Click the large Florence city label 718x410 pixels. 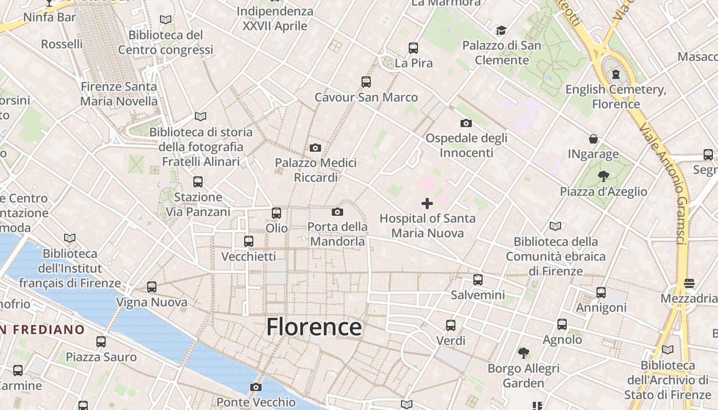tap(314, 327)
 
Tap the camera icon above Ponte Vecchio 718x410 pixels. tap(256, 387)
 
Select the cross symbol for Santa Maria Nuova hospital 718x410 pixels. tap(427, 203)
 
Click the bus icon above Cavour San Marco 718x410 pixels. tap(366, 81)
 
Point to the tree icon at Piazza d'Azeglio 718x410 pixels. tap(603, 176)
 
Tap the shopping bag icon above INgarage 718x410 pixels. tap(593, 139)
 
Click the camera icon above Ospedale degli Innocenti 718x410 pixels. tap(466, 123)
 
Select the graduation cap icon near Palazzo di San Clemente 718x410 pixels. tap(501, 31)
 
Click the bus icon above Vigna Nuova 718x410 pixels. tap(152, 287)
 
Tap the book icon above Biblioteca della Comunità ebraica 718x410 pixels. tap(555, 226)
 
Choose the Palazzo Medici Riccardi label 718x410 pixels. tap(315, 170)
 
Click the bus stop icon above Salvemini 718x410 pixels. tap(478, 280)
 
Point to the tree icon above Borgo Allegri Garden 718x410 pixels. tap(523, 353)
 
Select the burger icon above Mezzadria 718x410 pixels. tap(689, 283)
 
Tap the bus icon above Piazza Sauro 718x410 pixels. tap(101, 341)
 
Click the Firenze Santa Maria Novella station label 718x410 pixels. tap(118, 94)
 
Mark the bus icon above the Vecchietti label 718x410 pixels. tap(249, 241)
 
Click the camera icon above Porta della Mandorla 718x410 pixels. tap(337, 212)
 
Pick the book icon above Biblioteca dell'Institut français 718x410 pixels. tap(70, 238)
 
